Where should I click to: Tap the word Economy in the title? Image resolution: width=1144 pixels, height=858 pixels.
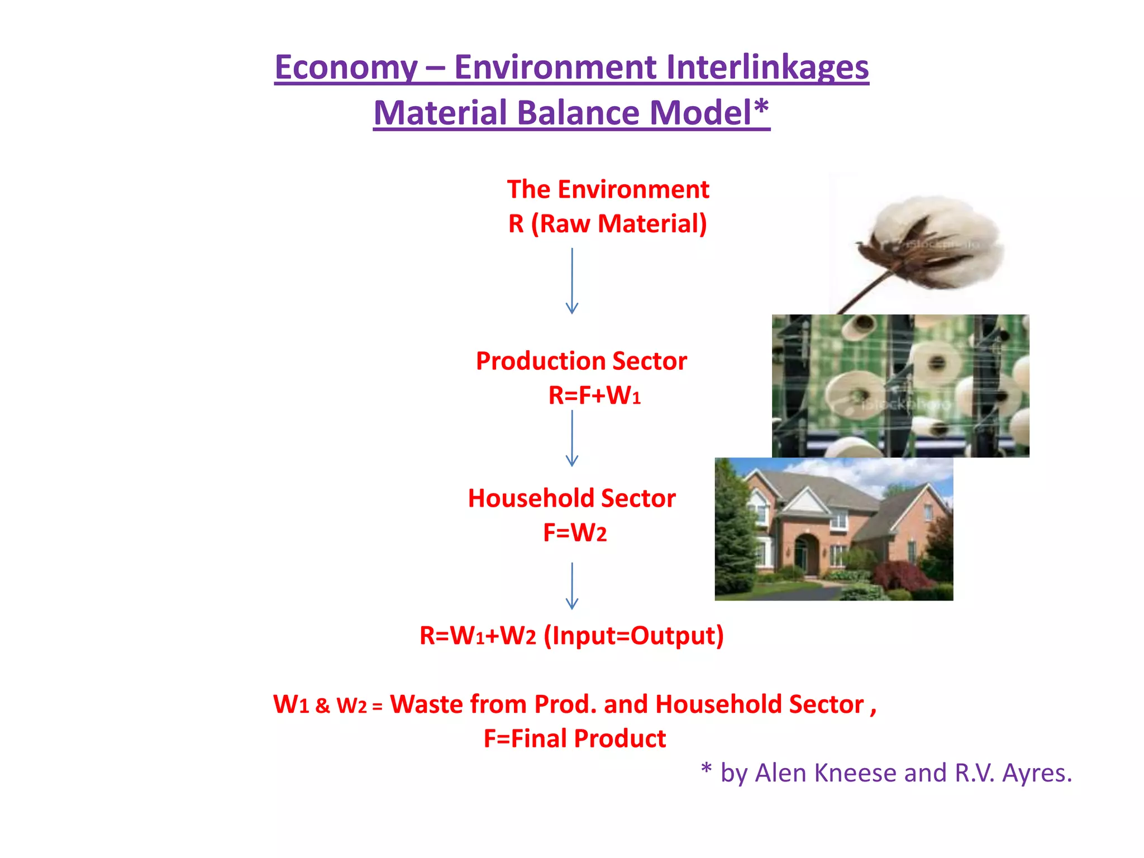pyautogui.click(x=346, y=68)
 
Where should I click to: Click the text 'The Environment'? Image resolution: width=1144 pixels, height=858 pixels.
pyautogui.click(x=608, y=189)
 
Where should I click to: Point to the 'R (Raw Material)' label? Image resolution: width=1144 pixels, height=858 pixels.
pyautogui.click(x=608, y=223)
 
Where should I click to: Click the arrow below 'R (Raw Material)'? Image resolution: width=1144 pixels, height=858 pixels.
pyautogui.click(x=572, y=280)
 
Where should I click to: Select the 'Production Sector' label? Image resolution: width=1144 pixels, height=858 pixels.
pyautogui.click(x=581, y=361)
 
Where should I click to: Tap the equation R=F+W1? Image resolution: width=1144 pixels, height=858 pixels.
pyautogui.click(x=594, y=395)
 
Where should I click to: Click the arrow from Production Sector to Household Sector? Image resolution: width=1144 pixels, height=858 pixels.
pyautogui.click(x=572, y=438)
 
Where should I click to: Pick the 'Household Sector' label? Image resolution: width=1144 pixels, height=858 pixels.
pyautogui.click(x=571, y=498)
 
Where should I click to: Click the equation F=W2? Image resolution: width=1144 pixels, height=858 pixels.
pyautogui.click(x=575, y=533)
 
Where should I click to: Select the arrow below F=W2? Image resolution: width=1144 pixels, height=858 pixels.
pyautogui.click(x=572, y=585)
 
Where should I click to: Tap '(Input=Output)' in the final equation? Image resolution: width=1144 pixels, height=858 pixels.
pyautogui.click(x=633, y=636)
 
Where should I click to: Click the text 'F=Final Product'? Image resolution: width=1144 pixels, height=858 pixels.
pyautogui.click(x=575, y=738)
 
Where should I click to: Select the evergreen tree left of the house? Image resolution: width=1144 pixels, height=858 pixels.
pyautogui.click(x=733, y=531)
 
